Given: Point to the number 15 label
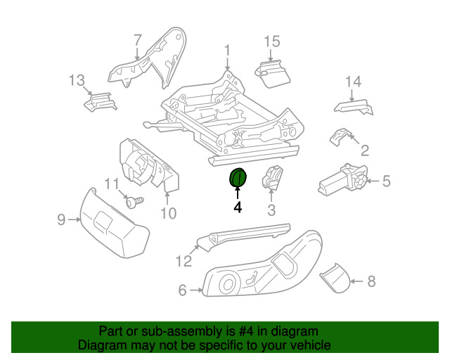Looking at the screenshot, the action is click(x=271, y=42).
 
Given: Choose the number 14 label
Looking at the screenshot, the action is click(x=353, y=82).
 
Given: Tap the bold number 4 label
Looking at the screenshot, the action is click(x=238, y=207).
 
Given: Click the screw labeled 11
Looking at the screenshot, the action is click(x=136, y=202).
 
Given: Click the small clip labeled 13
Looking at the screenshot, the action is click(x=99, y=103).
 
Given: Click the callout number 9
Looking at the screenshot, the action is click(x=61, y=220).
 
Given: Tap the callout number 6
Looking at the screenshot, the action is click(x=182, y=290).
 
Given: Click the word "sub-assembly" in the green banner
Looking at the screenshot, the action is click(x=160, y=331).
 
